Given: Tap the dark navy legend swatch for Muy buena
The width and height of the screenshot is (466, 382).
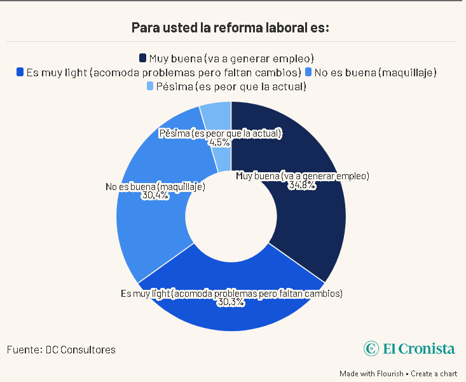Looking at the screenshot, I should pos(144,58).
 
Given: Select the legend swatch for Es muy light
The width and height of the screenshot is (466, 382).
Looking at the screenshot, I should pos(21,72).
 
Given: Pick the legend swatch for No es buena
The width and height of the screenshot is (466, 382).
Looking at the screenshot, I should pos(308,72).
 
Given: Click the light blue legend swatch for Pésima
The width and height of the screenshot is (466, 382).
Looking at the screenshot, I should pos(150,86).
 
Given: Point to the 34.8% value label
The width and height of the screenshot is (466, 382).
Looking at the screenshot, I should pos(302,186).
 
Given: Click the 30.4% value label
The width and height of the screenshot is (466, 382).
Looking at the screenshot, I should pos(155,196).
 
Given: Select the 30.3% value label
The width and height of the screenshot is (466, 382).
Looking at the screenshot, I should pos(231,303).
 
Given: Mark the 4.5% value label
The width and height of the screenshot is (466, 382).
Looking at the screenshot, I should pos(220,142).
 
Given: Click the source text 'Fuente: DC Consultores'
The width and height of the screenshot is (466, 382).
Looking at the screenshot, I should pos(61,350).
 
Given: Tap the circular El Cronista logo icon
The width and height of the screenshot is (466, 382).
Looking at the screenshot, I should pos(371,348).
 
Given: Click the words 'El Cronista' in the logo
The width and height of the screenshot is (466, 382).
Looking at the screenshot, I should pos(419,348).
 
